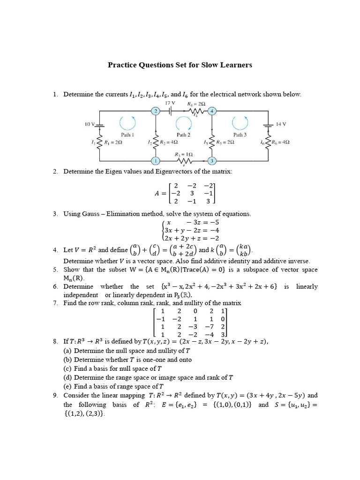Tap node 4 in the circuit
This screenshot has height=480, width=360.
(x=212, y=111)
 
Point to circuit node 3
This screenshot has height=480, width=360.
(x=212, y=161)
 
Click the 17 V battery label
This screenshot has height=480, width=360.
(x=170, y=103)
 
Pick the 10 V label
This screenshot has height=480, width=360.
(x=90, y=124)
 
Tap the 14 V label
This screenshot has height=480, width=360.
(x=281, y=124)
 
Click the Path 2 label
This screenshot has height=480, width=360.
(x=183, y=135)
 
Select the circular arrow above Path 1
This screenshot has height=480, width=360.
(x=127, y=123)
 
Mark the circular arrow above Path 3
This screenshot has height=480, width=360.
(x=240, y=123)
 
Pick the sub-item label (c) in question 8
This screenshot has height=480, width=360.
(x=68, y=368)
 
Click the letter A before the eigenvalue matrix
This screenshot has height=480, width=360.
(x=157, y=193)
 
